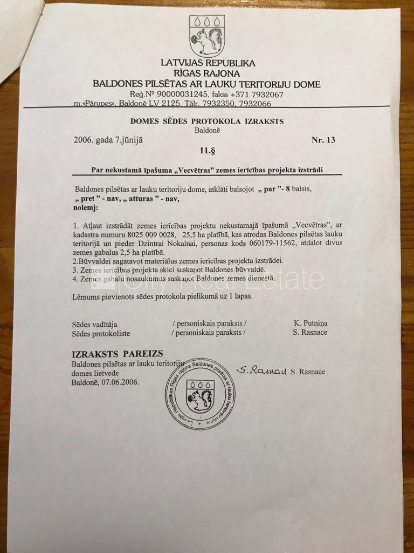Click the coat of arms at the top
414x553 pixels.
pos(207,36)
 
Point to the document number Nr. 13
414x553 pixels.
pos(323,140)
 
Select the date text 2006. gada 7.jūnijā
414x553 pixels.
pos(108,140)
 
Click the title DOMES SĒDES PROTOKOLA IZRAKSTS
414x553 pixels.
pos(206,122)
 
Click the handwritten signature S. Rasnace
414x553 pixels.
pos(260,370)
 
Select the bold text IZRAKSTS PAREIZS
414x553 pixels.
pos(117,354)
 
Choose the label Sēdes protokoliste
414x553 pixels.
pos(101,333)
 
